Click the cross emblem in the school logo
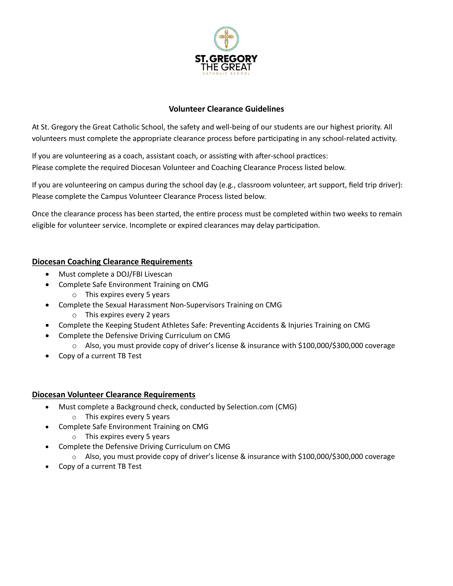coord(226,39)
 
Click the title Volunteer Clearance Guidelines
coord(226,109)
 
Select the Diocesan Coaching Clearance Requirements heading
coord(112,262)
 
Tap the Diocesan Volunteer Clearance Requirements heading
coord(114,394)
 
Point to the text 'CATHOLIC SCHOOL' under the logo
coord(226,74)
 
